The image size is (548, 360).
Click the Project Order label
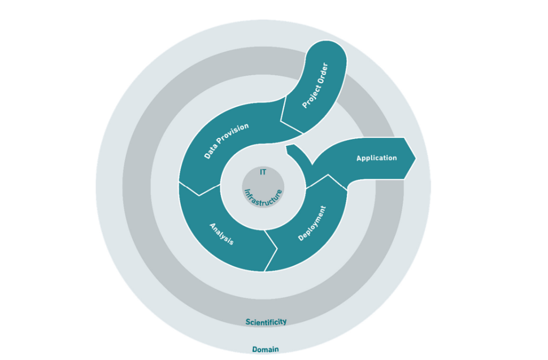pyautogui.click(x=315, y=85)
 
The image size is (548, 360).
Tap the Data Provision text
pyautogui.click(x=226, y=141)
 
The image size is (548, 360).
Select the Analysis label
pyautogui.click(x=221, y=234)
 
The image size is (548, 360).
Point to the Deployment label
pyautogui.click(x=312, y=223)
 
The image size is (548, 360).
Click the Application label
pyautogui.click(x=376, y=158)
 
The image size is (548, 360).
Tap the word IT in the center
pyautogui.click(x=263, y=172)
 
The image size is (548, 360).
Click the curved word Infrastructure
pyautogui.click(x=263, y=197)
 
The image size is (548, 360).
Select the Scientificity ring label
pyautogui.click(x=266, y=322)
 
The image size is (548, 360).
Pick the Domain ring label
pyautogui.click(x=266, y=349)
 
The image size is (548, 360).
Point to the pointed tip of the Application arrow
pyautogui.click(x=416, y=158)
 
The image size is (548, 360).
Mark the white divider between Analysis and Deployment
pyautogui.click(x=271, y=250)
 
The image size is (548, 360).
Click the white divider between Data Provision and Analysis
pyautogui.click(x=199, y=189)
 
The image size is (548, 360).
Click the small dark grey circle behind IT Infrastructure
pyautogui.click(x=263, y=187)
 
